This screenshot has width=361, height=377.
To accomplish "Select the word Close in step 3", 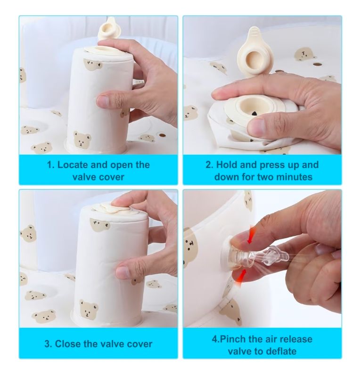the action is [67, 344].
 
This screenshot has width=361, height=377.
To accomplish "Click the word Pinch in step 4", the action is [232, 339].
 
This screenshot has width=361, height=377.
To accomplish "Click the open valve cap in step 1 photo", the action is [109, 28].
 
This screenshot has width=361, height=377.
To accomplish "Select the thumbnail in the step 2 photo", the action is [257, 127].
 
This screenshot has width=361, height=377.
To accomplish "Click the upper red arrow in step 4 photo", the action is [251, 234].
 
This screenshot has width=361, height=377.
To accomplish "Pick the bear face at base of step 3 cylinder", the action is [88, 308].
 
